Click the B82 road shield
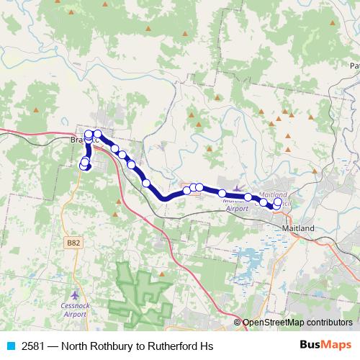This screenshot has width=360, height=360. tap(73, 243)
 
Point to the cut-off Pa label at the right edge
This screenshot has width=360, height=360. tap(354, 66)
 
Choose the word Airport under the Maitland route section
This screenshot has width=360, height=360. tap(237, 208)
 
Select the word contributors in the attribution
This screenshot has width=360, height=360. tap(332, 323)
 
